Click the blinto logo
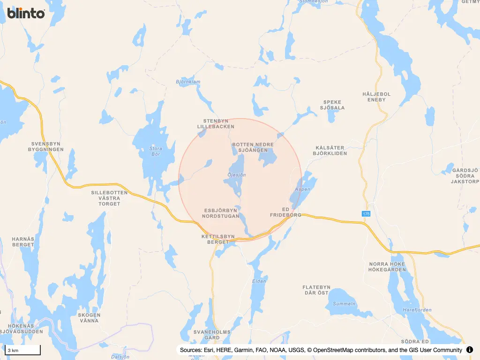click(x=26, y=13)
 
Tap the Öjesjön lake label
click(x=236, y=175)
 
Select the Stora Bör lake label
click(x=156, y=151)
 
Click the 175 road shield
click(x=366, y=214)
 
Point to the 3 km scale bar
click(x=22, y=350)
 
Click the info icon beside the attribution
click(x=470, y=350)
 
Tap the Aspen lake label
click(x=303, y=189)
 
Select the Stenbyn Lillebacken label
click(x=216, y=124)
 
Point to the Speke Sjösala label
click(x=332, y=105)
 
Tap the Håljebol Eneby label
click(x=376, y=97)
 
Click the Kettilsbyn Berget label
click(x=218, y=239)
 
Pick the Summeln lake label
click(x=344, y=304)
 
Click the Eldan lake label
click(x=259, y=281)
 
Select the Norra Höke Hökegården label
click(x=387, y=267)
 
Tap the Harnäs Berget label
click(x=23, y=241)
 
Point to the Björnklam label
click(x=188, y=82)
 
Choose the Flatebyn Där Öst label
click(x=316, y=290)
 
